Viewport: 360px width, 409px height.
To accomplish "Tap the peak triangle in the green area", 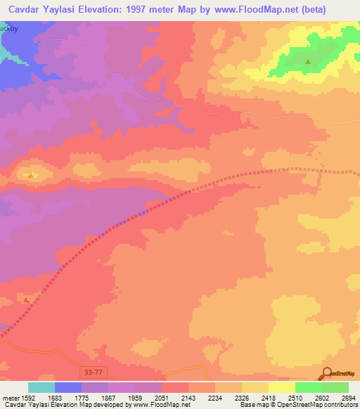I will (308, 62).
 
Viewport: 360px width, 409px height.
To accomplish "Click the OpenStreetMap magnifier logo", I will (328, 373).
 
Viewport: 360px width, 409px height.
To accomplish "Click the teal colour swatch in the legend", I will (41, 387).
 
